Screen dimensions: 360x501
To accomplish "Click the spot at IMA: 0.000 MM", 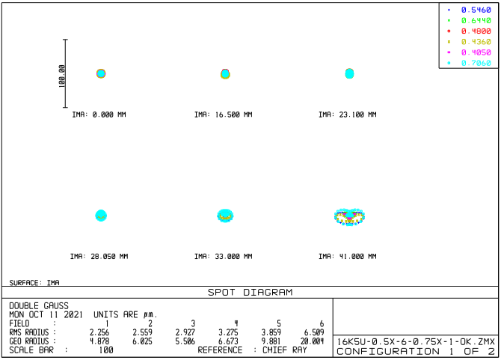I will tap(101, 73).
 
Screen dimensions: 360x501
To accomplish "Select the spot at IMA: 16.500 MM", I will tap(224, 73).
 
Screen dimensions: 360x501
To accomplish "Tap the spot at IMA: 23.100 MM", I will tap(348, 73).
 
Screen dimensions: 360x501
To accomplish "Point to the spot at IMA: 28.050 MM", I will tap(101, 216).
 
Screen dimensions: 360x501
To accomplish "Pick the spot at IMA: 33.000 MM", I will tap(225, 216).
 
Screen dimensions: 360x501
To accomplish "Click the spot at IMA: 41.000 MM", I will tap(348, 216).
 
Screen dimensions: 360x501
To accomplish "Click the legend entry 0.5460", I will tap(476, 10).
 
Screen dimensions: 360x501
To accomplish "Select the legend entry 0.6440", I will tap(476, 20).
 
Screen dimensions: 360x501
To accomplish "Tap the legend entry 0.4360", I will tap(476, 42).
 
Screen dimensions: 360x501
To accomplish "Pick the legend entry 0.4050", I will tap(476, 52).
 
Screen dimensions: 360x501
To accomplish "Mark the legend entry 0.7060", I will tap(476, 63).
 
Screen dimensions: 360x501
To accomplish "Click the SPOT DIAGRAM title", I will tap(250, 292).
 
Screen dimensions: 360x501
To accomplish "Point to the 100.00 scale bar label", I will tap(61, 75).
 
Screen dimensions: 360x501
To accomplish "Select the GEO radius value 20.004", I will tap(312, 340).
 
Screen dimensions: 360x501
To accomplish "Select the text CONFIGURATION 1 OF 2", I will tap(416, 351).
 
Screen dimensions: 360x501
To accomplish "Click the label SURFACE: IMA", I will tap(34, 283).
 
